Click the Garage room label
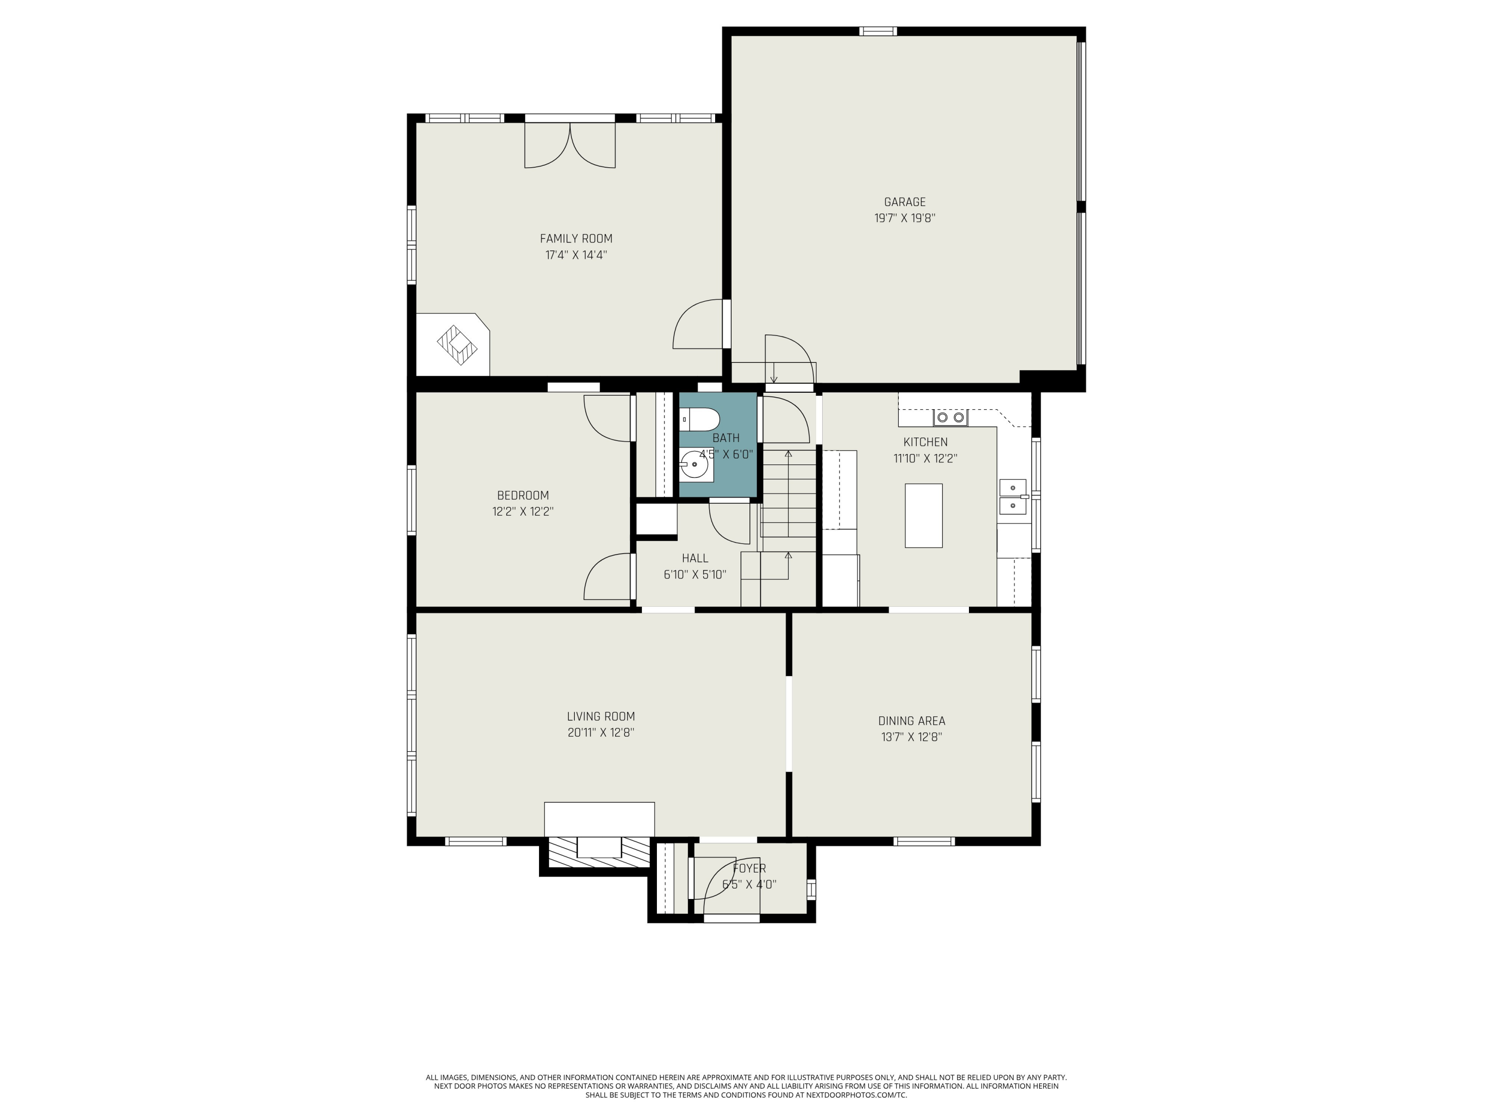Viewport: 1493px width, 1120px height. [904, 202]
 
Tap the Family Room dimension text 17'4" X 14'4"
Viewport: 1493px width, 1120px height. [576, 255]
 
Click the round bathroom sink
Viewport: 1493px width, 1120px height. [695, 465]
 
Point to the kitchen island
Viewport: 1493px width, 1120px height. [923, 515]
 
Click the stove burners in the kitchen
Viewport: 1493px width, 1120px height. [951, 417]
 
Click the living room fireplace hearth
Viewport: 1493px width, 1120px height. [599, 819]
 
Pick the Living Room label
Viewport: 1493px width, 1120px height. [601, 716]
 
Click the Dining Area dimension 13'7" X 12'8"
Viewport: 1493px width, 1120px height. [911, 737]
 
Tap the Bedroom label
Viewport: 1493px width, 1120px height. [523, 495]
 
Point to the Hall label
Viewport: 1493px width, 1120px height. [695, 559]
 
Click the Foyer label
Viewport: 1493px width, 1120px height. [749, 869]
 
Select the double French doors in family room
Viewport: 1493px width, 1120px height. [570, 144]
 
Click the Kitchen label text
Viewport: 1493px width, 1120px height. [925, 442]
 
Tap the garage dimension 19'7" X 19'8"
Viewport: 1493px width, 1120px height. [904, 218]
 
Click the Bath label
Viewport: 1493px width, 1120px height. [726, 438]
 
